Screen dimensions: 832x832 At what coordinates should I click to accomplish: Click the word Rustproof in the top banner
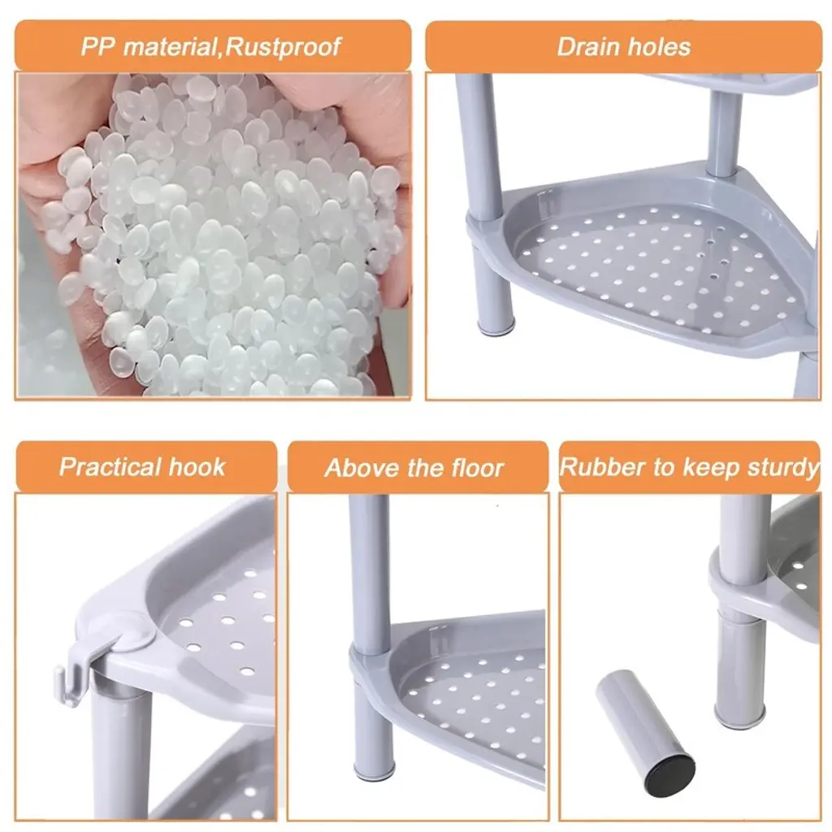282,46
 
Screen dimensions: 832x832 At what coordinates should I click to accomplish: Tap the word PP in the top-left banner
97,46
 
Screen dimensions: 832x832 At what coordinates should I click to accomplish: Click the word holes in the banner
658,46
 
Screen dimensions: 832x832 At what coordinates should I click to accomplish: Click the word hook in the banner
197,467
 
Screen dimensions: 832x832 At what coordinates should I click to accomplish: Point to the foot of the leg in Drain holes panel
496,325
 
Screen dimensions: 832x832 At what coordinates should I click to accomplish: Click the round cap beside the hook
134,631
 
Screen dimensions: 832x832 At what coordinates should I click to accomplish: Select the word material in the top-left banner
170,46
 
